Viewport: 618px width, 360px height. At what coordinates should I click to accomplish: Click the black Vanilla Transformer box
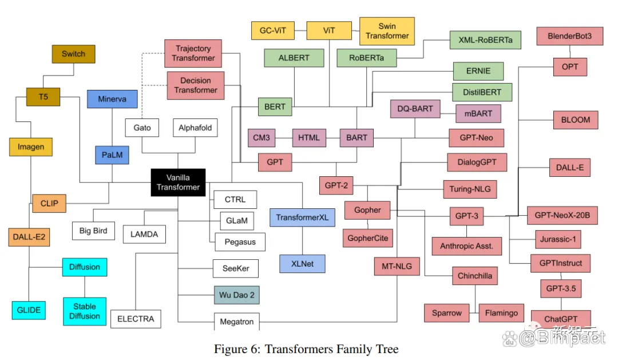(x=178, y=183)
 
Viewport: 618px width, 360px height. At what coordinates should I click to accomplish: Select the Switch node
(x=73, y=54)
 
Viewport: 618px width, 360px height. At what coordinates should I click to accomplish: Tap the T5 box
(x=43, y=97)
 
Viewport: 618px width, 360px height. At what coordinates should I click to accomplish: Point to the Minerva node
(x=112, y=98)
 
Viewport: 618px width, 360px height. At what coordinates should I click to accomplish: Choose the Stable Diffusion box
(x=85, y=311)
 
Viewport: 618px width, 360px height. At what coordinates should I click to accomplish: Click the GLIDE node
(x=29, y=310)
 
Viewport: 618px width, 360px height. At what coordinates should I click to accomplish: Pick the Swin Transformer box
(x=387, y=31)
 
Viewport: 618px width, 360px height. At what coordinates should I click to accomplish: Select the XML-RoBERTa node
(x=485, y=40)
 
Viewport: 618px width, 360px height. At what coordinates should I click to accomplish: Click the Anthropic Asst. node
(x=467, y=246)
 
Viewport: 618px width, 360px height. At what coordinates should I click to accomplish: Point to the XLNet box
(x=303, y=263)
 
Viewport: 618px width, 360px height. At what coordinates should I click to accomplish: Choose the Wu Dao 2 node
(x=237, y=295)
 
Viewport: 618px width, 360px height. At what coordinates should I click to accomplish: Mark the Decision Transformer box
(x=195, y=85)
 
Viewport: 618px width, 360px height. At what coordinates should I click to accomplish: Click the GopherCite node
(x=367, y=238)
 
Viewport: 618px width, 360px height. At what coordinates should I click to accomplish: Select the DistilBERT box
(x=481, y=92)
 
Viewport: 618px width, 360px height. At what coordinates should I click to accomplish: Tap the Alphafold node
(x=195, y=128)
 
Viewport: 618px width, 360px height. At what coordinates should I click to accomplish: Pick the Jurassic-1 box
(x=558, y=239)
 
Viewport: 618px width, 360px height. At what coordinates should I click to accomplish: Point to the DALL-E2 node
(x=28, y=236)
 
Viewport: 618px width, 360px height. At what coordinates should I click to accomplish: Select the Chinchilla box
(x=474, y=276)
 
